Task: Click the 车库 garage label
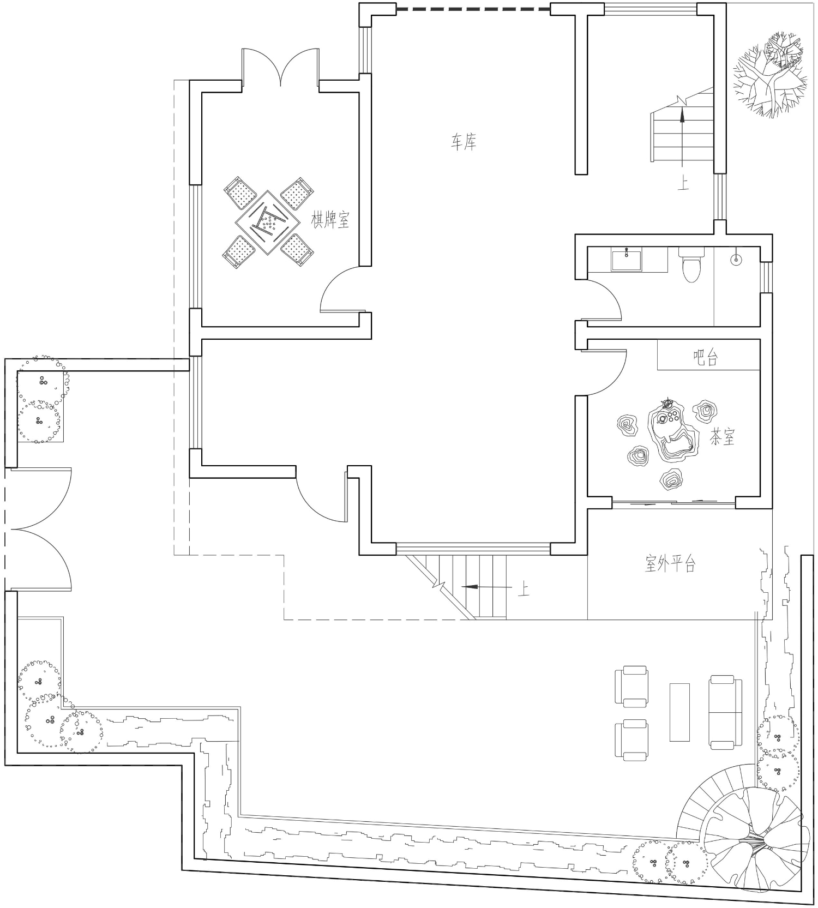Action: tap(464, 143)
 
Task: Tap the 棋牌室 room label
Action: tap(330, 220)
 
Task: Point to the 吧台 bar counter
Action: tap(708, 355)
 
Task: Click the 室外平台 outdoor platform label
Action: tap(670, 563)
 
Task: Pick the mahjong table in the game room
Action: tap(268, 222)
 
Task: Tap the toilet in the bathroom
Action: tap(691, 264)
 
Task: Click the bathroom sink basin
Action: tap(627, 259)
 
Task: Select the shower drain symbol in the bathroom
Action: tap(736, 260)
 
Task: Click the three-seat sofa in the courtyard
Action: tap(726, 712)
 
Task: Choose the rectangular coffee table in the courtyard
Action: tap(679, 712)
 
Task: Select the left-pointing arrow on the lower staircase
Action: tap(487, 587)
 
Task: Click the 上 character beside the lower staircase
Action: tap(523, 589)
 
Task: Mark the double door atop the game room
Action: tap(280, 67)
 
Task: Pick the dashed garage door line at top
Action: tap(473, 9)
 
